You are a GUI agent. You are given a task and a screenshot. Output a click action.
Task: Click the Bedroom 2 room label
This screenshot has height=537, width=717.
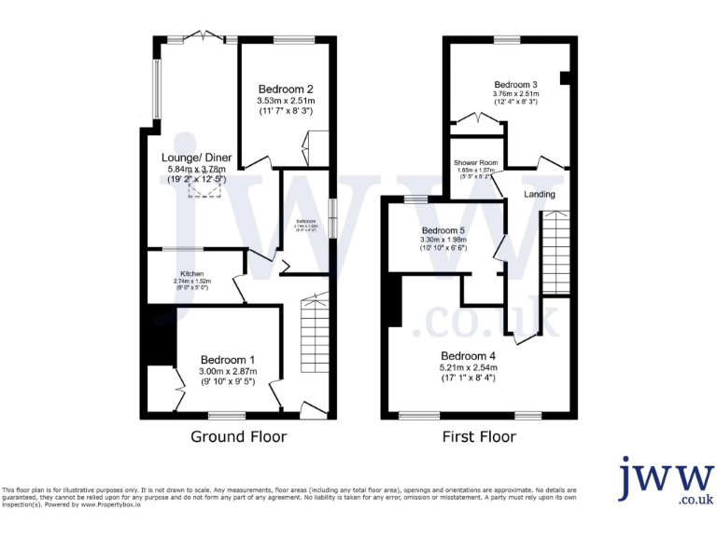285,89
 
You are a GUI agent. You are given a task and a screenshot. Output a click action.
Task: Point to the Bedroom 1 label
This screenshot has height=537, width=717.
228,360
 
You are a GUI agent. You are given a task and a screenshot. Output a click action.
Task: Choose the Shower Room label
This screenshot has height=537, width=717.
476,162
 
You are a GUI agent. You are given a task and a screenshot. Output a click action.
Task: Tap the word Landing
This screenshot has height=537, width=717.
540,195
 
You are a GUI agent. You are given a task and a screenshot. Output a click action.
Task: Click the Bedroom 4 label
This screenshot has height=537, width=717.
468,356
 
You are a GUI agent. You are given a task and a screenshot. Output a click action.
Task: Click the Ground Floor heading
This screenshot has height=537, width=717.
238,436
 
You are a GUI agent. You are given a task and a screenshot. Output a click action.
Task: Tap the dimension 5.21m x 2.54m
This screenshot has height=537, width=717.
468,368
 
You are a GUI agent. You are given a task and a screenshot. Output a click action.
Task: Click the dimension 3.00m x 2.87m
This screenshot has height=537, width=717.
228,371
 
